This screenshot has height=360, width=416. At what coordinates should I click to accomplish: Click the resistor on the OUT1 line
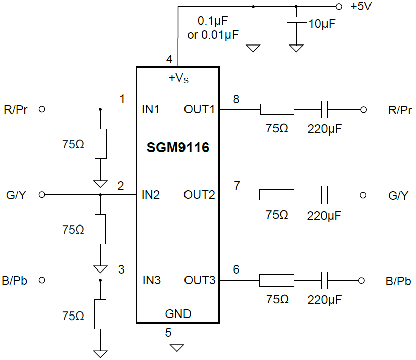[276, 109]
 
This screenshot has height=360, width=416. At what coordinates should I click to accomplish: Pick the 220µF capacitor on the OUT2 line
[324, 195]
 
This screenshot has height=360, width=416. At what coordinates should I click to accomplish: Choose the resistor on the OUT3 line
[276, 280]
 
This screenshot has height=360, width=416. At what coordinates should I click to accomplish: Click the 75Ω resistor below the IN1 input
[101, 144]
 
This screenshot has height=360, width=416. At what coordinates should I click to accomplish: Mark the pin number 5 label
[168, 332]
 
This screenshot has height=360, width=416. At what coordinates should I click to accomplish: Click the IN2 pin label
[151, 195]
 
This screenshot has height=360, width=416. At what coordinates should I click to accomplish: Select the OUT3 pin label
[199, 280]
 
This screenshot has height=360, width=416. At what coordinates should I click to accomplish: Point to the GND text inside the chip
[178, 314]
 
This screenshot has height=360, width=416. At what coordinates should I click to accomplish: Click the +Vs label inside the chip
[178, 78]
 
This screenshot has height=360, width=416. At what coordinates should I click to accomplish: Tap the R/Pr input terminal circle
[42, 109]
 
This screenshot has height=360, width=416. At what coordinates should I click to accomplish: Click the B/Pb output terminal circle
[361, 280]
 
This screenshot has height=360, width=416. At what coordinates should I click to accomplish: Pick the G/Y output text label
[398, 195]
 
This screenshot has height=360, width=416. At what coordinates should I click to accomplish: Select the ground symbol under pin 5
[177, 348]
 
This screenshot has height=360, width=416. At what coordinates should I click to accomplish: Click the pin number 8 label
[236, 99]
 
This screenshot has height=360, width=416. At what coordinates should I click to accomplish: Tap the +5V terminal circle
[338, 7]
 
